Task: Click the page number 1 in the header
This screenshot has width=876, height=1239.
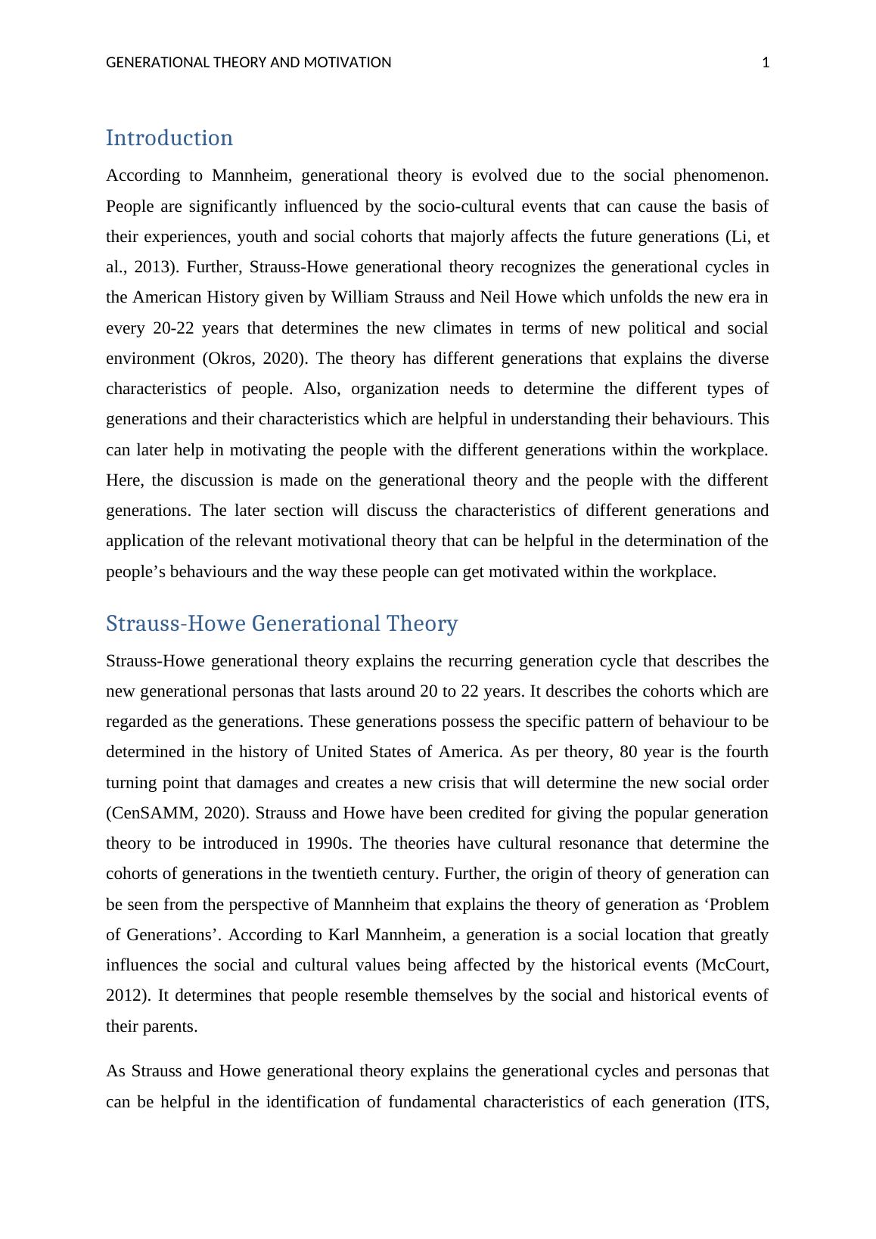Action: point(766,63)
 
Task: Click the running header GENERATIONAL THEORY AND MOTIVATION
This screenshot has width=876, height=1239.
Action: point(248,63)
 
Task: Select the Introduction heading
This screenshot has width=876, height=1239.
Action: point(169,138)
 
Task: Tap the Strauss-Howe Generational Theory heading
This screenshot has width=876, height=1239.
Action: point(281,623)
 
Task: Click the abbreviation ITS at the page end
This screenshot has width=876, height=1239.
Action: point(751,1101)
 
